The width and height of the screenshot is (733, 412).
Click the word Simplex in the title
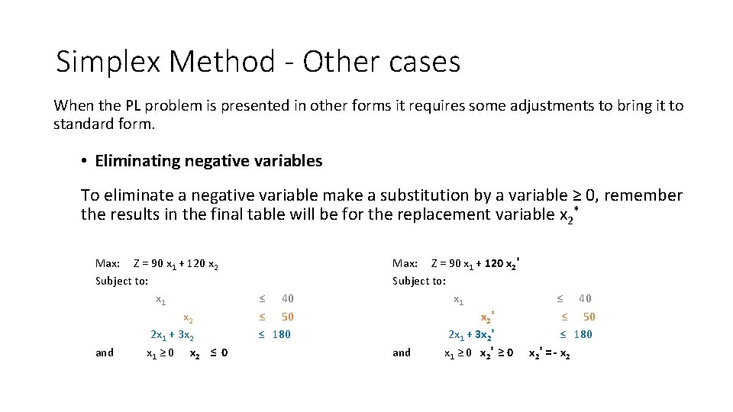(x=106, y=62)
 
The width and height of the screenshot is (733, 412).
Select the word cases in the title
(x=425, y=62)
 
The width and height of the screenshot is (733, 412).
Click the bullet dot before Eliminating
(x=84, y=161)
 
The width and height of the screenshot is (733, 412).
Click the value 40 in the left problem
(x=287, y=298)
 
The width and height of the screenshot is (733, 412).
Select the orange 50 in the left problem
(x=287, y=317)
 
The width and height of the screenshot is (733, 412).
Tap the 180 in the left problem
(x=281, y=334)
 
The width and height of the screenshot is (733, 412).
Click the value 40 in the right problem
(x=585, y=298)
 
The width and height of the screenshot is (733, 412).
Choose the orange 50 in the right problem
(x=589, y=317)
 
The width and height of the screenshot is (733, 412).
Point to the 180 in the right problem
(x=583, y=334)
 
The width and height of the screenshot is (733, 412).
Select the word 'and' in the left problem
(x=105, y=352)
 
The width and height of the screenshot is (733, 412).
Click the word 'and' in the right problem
(x=402, y=352)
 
